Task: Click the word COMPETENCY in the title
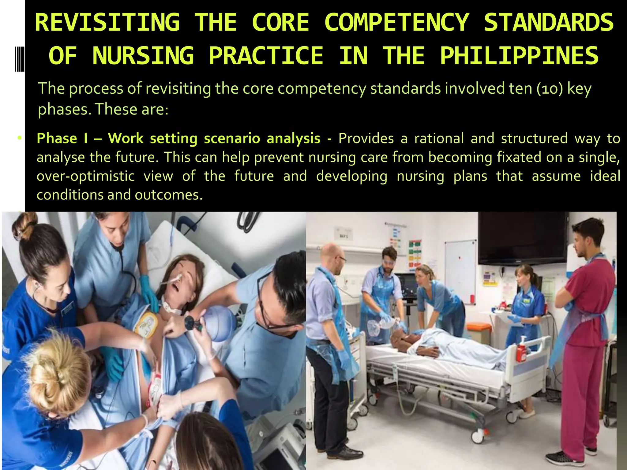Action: pos(397,22)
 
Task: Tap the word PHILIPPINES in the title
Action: pos(519,56)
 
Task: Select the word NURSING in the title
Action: pos(143,56)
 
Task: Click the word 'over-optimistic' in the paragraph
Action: pos(86,176)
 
